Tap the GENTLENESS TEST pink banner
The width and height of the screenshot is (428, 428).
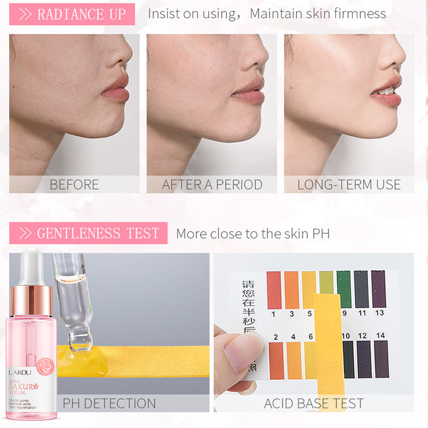(x=88, y=233)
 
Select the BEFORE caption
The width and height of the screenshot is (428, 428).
(x=74, y=185)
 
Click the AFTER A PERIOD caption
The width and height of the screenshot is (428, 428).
(x=212, y=185)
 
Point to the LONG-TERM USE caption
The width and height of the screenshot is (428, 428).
(x=349, y=185)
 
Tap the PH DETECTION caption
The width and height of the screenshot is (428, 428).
(x=110, y=403)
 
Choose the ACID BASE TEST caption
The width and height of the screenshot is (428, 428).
(x=314, y=403)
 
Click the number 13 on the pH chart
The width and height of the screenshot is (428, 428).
(x=380, y=313)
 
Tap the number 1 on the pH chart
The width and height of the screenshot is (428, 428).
(x=274, y=313)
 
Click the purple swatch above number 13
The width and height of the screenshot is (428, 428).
(x=378, y=289)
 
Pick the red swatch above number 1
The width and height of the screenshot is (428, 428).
(x=274, y=289)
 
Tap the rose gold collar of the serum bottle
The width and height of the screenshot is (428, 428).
(x=32, y=300)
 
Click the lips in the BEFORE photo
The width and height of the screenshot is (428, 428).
(x=116, y=89)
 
